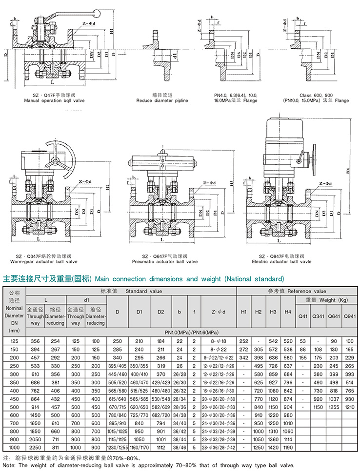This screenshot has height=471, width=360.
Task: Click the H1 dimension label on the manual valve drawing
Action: coord(112,33)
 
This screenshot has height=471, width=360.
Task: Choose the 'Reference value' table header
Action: coord(297,291)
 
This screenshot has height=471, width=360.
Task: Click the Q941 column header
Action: coord(350,316)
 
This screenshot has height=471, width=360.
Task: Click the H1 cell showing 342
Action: coord(244,357)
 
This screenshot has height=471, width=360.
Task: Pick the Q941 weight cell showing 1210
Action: coord(350,407)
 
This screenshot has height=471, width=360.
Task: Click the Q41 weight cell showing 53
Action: coord(303,340)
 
